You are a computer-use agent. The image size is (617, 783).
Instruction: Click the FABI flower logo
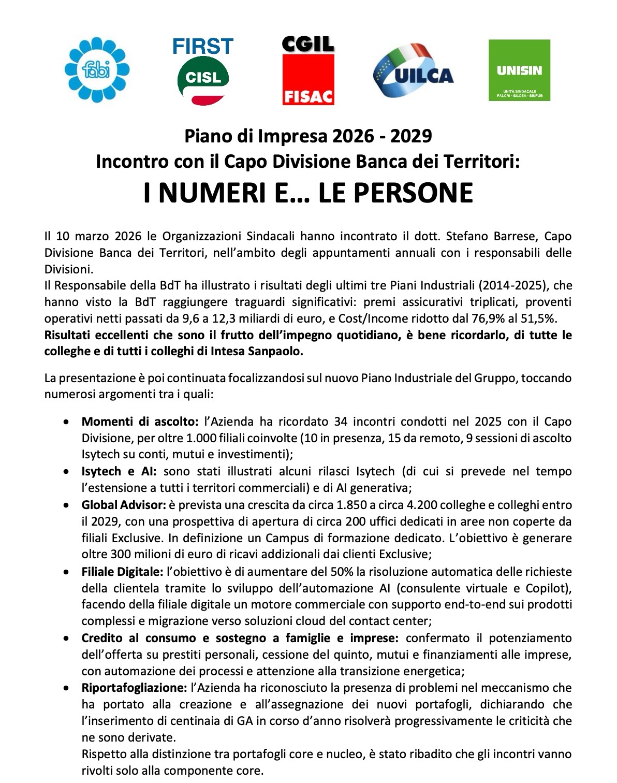(x=97, y=69)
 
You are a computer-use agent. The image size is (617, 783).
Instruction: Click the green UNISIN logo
(x=519, y=70)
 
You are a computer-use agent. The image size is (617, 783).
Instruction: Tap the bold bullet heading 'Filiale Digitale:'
(x=122, y=572)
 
